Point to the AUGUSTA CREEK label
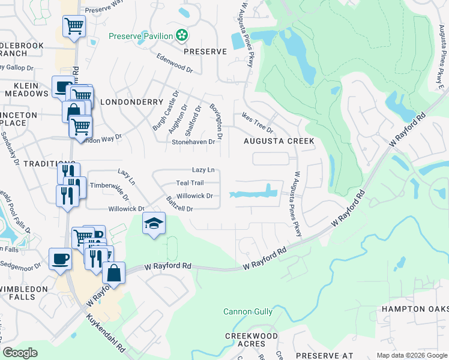279,141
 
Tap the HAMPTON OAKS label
415,308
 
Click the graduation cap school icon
154,224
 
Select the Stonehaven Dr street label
193,142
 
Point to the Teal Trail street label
190,182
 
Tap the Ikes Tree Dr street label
258,123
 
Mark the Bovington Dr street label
215,121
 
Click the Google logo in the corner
20,353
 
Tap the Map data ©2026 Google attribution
412,355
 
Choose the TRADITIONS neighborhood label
44,163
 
